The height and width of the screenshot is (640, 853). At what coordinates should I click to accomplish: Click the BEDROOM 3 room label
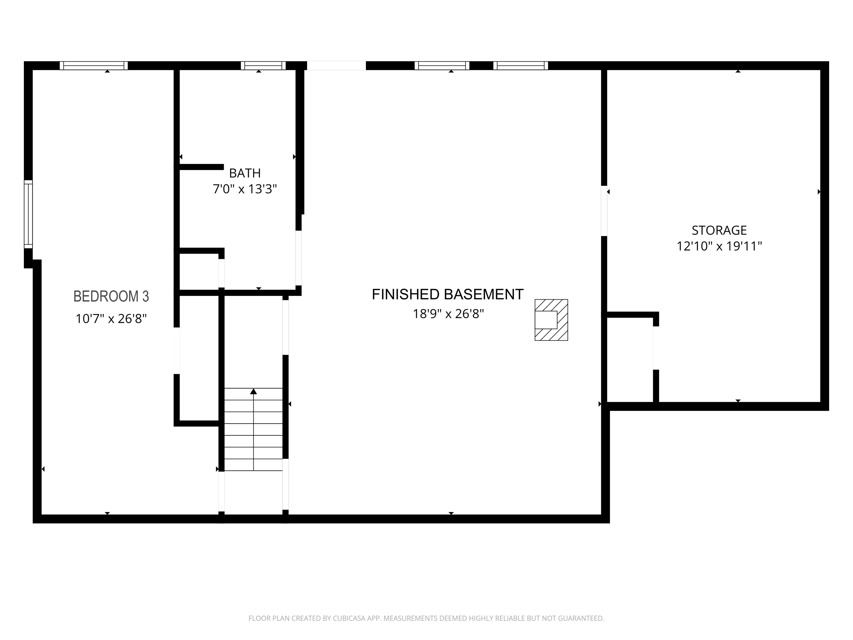point(111,296)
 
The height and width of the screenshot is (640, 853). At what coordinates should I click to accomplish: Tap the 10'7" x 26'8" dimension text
point(111,319)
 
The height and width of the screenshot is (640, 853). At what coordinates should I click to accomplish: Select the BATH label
point(245,173)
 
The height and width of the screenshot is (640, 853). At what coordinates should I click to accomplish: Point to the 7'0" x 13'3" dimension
point(245,189)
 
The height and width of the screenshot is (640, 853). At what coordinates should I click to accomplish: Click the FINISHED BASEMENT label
point(448,294)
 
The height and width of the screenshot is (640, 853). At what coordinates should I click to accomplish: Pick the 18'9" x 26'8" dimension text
point(448,314)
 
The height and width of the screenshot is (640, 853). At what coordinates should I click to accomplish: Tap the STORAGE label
point(719,230)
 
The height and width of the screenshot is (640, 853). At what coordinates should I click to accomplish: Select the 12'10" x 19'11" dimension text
point(719,246)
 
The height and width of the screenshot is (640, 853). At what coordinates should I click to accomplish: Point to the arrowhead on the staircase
point(253,392)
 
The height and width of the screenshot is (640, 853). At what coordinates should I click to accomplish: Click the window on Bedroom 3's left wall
point(28,214)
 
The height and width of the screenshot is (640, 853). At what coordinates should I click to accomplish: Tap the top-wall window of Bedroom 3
point(94,66)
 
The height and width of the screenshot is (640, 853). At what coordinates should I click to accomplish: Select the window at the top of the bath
point(263,66)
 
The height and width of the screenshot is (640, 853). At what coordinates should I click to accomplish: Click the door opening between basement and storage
point(604,211)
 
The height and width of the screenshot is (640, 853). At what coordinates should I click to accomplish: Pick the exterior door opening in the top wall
point(336,66)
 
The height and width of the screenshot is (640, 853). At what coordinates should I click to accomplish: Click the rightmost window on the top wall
point(521,66)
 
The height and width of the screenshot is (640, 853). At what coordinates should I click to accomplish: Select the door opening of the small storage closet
point(656,348)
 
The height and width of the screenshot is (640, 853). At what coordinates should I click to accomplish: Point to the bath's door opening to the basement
point(299,258)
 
